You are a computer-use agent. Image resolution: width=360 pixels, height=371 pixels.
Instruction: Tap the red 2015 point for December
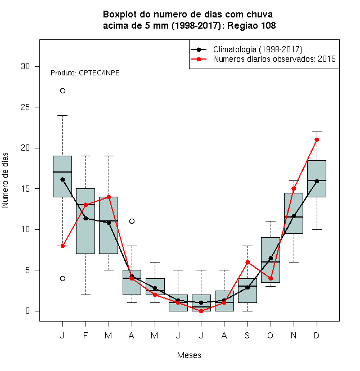pos(317,140)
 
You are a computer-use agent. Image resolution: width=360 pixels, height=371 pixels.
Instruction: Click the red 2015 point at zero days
pos(201,311)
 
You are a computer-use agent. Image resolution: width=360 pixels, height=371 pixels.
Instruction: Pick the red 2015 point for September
pos(247,262)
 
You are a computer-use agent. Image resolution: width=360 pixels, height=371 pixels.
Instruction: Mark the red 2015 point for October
pos(271,278)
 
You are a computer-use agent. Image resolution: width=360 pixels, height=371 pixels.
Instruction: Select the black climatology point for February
pos(85,218)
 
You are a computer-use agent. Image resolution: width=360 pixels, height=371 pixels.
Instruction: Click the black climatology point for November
pos(294,216)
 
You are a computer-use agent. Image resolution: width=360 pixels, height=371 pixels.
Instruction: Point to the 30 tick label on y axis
pos(25,66)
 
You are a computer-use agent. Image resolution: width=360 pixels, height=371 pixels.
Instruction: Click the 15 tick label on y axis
pos(25,189)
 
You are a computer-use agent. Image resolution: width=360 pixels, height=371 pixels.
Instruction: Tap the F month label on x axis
pos(85,335)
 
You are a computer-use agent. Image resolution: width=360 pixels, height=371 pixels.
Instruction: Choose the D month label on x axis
pos(317,335)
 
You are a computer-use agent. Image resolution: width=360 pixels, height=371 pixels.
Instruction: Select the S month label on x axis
pos(247,335)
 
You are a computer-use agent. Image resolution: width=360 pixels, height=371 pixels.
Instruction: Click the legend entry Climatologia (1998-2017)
pos(258,49)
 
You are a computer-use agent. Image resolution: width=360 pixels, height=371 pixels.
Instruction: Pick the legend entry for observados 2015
pos(274,59)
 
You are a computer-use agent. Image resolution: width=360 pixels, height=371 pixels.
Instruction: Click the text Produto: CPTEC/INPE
pos(85,73)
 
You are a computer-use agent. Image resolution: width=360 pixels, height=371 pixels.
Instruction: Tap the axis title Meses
pos(189,355)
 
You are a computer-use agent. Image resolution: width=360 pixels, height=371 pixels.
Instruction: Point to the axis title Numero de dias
pos(5,180)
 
